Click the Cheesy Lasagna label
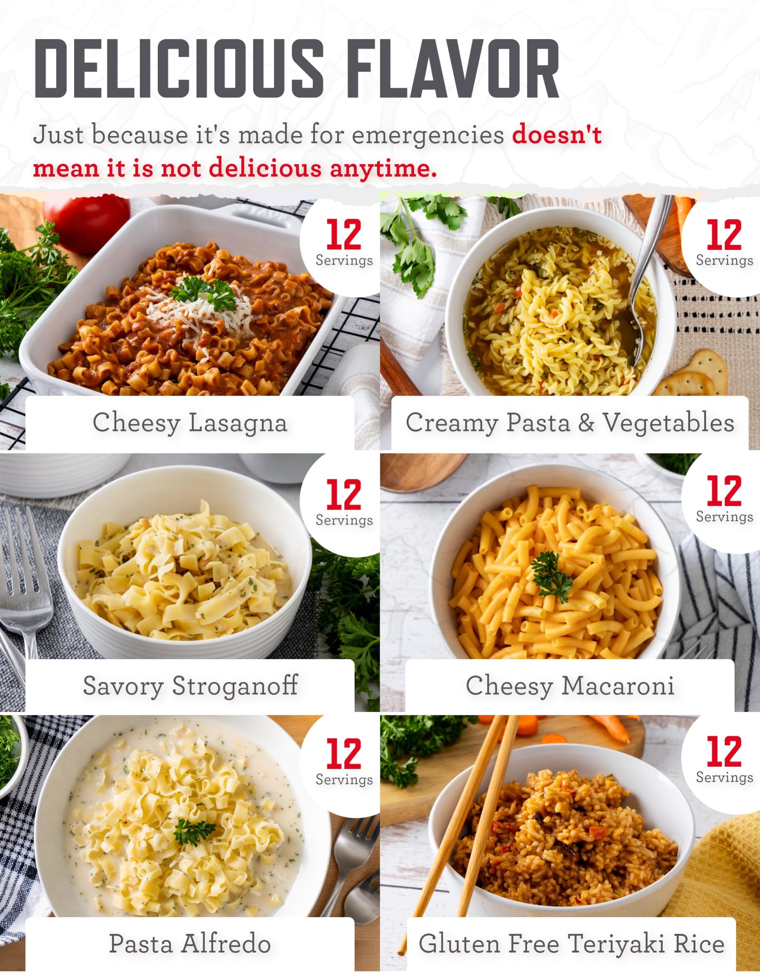tap(190, 422)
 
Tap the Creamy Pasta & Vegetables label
tap(570, 422)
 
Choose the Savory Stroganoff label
tap(190, 685)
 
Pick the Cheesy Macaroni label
tap(570, 685)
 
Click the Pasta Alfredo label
tap(190, 944)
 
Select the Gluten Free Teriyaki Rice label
tap(571, 944)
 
